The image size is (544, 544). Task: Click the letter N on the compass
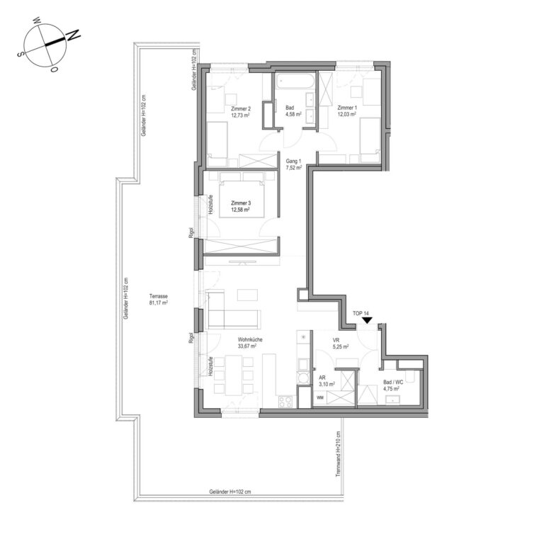pos(73,35)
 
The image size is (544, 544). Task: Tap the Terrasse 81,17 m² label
pos(159,300)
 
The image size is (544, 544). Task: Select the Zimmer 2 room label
pos(241,111)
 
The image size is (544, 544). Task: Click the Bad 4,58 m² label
pos(293,111)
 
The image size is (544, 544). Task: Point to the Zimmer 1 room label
pos(347,110)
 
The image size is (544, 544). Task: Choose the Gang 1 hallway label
pos(293,164)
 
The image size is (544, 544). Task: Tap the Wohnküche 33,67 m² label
pos(250,343)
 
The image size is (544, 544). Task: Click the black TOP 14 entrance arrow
pos(367,321)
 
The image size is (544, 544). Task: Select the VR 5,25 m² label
pos(340,343)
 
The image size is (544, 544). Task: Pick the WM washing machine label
pos(320,397)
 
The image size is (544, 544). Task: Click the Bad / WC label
pos(393,382)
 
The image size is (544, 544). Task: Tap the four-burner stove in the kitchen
pos(285,402)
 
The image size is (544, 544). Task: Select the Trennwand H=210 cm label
pos(339,454)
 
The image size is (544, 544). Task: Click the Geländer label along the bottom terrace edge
pos(230,492)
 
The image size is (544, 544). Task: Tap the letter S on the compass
pos(21,54)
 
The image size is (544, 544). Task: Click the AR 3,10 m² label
pos(327,381)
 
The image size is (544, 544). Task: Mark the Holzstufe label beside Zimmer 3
pos(210,204)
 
